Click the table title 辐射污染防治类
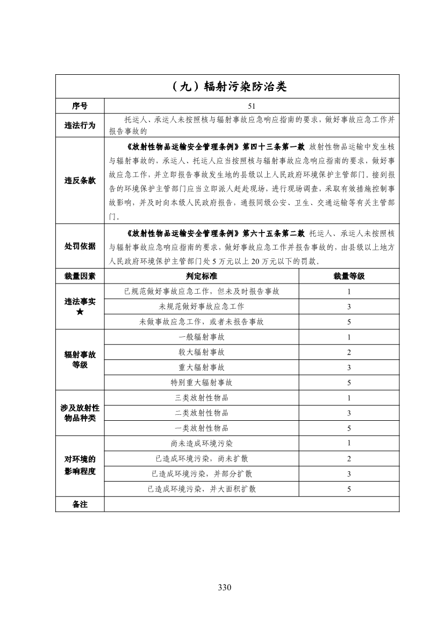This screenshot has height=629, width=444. [228, 87]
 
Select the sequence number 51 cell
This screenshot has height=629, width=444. [252, 106]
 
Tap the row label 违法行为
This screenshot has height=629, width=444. [80, 125]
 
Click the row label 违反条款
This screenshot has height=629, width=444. [80, 181]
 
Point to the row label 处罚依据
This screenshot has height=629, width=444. [80, 246]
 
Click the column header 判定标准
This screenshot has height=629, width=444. [202, 276]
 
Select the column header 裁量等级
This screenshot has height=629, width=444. [349, 276]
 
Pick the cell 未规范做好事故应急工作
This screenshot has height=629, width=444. [202, 306]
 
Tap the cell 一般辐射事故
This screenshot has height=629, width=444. [202, 337]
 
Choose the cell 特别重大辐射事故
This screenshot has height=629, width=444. [202, 383]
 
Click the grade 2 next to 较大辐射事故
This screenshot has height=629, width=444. [349, 352]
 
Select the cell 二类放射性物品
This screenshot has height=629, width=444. [202, 413]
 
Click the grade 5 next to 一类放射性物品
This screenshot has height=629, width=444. [349, 428]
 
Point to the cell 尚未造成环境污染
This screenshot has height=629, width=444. [202, 443]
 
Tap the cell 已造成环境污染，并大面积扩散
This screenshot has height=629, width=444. [202, 489]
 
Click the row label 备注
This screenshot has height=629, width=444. [80, 504]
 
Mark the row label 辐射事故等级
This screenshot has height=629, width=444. [80, 360]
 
